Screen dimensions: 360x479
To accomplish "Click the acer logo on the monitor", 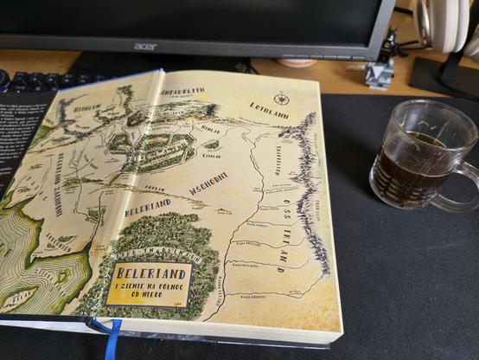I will [x=146, y=46].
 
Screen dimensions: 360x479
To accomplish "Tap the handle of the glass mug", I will [x=463, y=183].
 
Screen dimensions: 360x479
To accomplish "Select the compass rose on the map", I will [x=282, y=98].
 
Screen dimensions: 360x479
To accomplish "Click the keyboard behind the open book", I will [x=35, y=80].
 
